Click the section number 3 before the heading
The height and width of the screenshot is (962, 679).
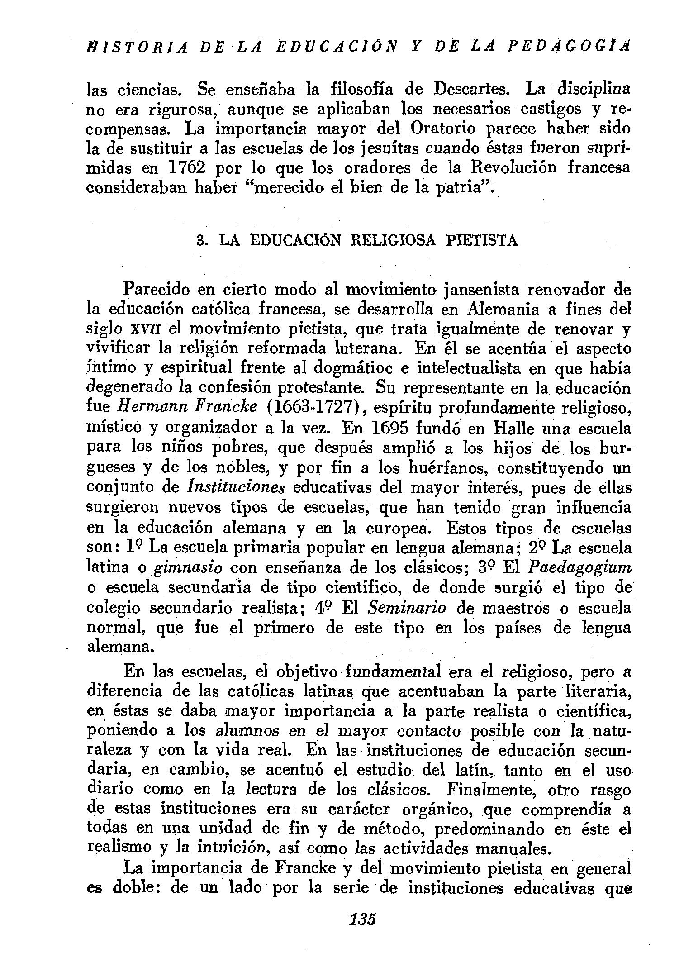202,240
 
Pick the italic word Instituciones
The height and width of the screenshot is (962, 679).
236,488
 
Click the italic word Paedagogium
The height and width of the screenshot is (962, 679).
580,568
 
